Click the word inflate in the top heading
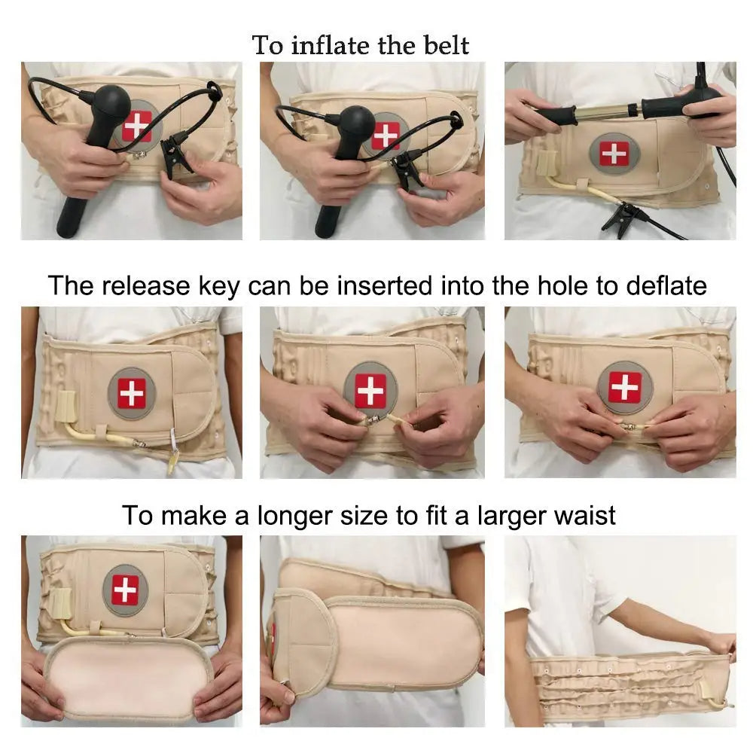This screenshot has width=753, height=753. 330,45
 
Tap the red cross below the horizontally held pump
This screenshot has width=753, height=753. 614,154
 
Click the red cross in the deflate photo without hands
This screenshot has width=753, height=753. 132,392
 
